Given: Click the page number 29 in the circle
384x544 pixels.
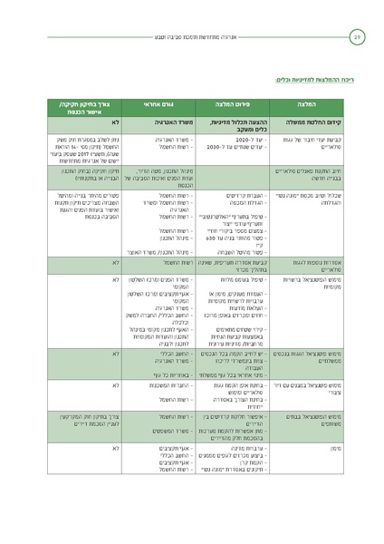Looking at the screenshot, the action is pyautogui.click(x=357, y=37).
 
